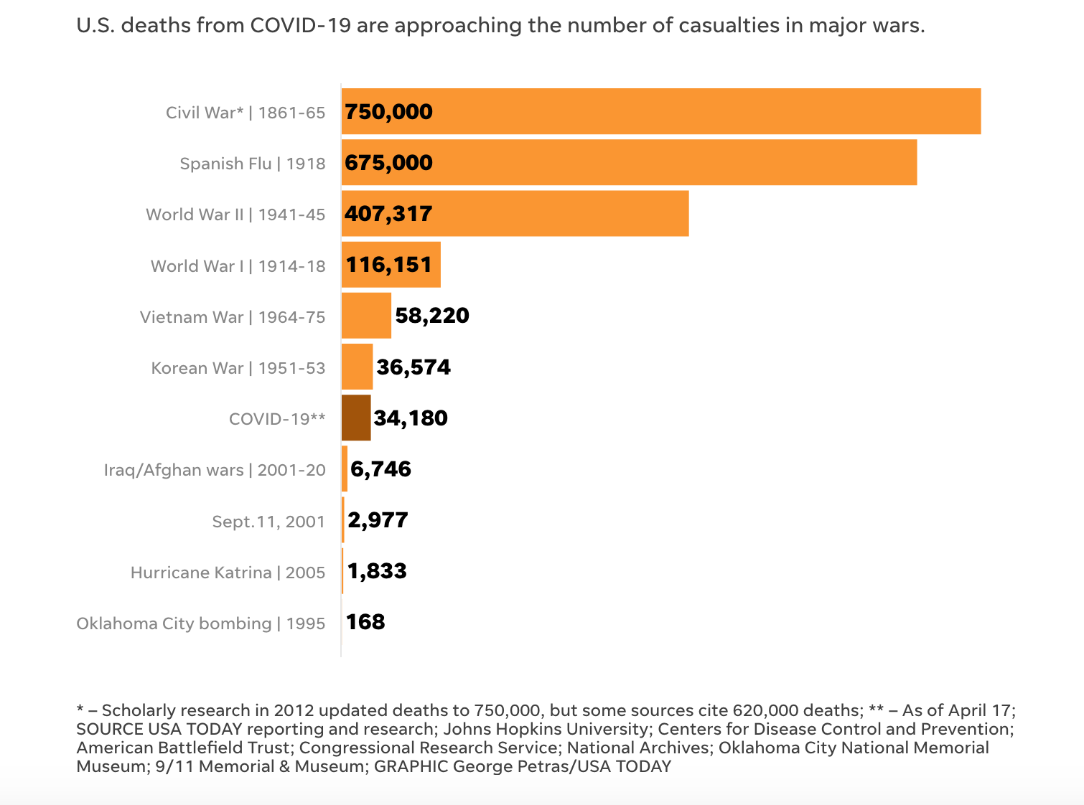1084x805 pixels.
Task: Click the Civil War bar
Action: [x=660, y=111]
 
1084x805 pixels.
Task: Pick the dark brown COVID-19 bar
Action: [x=356, y=418]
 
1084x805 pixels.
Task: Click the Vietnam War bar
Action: [x=366, y=316]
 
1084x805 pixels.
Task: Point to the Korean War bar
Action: [x=357, y=367]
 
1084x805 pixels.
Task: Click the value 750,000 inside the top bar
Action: [x=388, y=112]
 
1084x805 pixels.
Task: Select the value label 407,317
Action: [x=388, y=214]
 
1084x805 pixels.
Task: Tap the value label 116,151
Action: [x=389, y=265]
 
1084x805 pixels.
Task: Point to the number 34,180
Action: [x=411, y=418]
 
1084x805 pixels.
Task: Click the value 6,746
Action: [x=380, y=469]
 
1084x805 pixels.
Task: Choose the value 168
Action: [x=365, y=621]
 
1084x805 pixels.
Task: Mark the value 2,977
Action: [x=378, y=520]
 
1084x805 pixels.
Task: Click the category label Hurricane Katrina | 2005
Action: [x=228, y=573]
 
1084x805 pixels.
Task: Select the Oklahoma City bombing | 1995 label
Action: [x=201, y=623]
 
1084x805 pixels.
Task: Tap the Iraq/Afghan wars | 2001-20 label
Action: [x=215, y=470]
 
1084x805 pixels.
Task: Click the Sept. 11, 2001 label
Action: [x=268, y=522]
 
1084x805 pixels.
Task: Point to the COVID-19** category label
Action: [x=277, y=419]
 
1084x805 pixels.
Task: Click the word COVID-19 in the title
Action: [x=300, y=26]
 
